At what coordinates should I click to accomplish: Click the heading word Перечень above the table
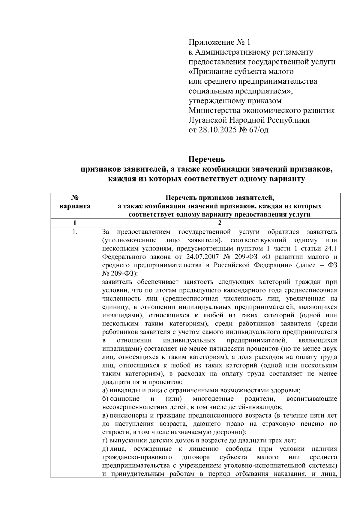tap(206, 159)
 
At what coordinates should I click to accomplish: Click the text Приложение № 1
tap(219, 42)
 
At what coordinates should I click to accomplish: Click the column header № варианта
tap(75, 202)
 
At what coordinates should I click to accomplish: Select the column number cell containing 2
tap(220, 223)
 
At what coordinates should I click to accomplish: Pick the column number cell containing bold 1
tap(75, 223)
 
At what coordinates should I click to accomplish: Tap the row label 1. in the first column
tap(75, 232)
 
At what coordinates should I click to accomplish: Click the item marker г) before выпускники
tap(105, 441)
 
